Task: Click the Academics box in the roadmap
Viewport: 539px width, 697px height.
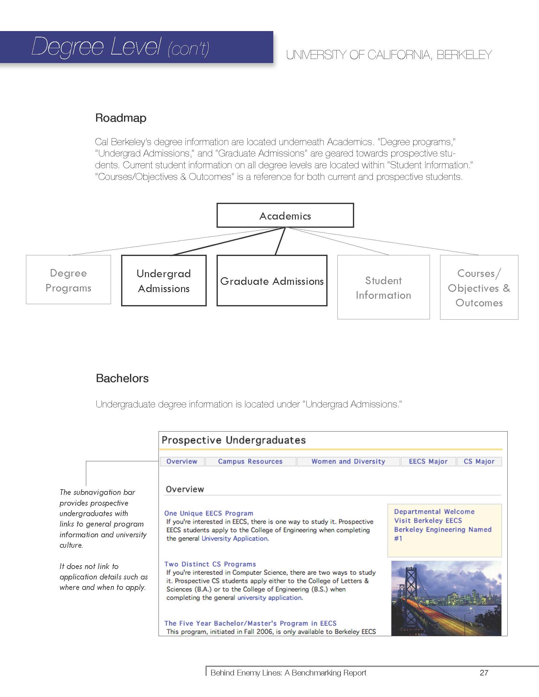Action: click(x=285, y=215)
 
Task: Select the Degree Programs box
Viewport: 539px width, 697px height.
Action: click(x=68, y=280)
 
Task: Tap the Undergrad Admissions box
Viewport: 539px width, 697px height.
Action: click(x=164, y=280)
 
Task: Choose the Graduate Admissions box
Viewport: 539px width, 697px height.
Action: click(x=272, y=281)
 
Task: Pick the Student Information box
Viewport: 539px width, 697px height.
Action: click(x=383, y=287)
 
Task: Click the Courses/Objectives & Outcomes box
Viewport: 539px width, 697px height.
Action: click(x=479, y=288)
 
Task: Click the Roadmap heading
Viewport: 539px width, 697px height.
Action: click(x=121, y=118)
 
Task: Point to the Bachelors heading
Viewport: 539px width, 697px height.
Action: click(x=122, y=378)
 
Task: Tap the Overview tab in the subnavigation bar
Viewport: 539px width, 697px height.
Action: click(x=182, y=462)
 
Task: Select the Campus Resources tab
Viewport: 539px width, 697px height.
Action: click(x=250, y=462)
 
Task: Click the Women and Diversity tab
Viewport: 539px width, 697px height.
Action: click(x=348, y=462)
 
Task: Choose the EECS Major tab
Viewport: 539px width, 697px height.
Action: click(x=428, y=462)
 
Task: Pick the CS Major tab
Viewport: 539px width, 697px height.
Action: click(x=479, y=462)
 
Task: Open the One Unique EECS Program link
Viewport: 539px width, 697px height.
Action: click(x=209, y=513)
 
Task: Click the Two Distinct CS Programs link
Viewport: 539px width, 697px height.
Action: click(x=210, y=564)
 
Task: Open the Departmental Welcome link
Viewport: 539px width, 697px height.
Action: click(x=434, y=512)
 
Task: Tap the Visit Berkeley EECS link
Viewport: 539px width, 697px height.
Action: click(x=428, y=521)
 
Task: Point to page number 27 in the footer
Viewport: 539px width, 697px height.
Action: click(x=484, y=673)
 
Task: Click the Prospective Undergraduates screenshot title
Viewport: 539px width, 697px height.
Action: click(x=234, y=440)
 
